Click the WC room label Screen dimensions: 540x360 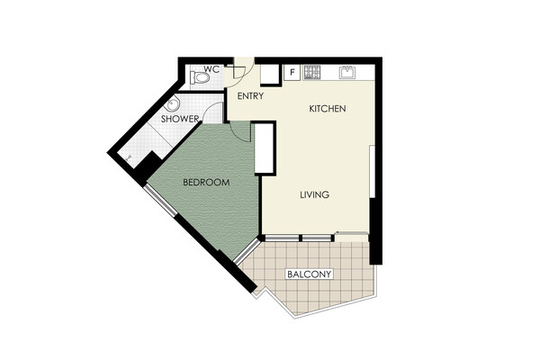[211, 69]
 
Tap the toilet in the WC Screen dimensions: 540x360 [200, 77]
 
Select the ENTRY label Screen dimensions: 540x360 [250, 96]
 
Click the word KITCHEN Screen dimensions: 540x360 [328, 109]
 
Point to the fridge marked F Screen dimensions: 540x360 [292, 72]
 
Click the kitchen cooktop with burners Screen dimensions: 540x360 [312, 72]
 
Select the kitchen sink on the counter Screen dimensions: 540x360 [347, 72]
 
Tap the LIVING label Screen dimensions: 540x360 [314, 195]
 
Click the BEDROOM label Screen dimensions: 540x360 [206, 182]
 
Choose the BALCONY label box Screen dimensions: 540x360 [310, 274]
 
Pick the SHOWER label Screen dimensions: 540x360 [180, 119]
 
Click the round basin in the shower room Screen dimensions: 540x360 [173, 103]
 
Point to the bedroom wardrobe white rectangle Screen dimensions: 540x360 [264, 148]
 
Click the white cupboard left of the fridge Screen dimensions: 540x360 [269, 75]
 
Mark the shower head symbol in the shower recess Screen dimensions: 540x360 [129, 158]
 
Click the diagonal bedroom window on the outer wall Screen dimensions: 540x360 [160, 201]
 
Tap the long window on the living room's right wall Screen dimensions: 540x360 [372, 172]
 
